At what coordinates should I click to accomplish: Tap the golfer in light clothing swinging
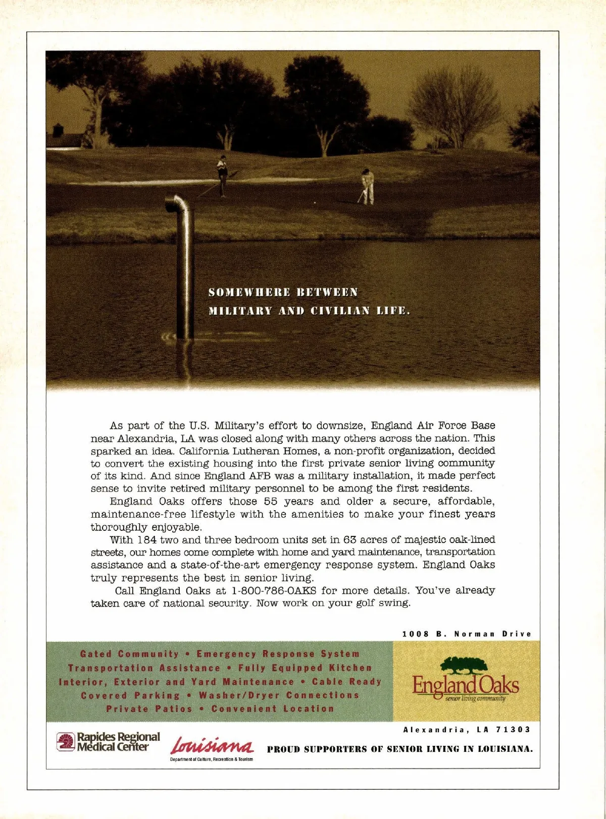pos(368,186)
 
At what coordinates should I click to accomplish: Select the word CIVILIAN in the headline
pos(340,311)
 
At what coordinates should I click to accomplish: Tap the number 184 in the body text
pos(146,539)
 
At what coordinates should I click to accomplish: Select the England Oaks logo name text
pos(466,685)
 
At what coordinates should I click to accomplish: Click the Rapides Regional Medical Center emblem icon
pos(66,741)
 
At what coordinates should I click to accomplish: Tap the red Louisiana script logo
pos(213,745)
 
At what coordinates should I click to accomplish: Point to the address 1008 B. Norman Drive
pos(467,634)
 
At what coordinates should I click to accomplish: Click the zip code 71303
pos(514,730)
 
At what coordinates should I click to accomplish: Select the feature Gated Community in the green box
pos(130,654)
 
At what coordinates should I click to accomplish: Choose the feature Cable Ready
pos(346,682)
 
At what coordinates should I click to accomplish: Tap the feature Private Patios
pos(149,709)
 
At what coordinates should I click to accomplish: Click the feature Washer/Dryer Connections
pos(279,695)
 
